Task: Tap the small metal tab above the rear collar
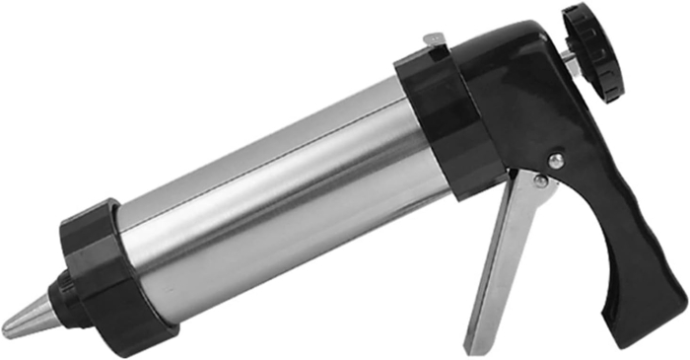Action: tap(434, 39)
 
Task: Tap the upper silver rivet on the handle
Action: tap(557, 160)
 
